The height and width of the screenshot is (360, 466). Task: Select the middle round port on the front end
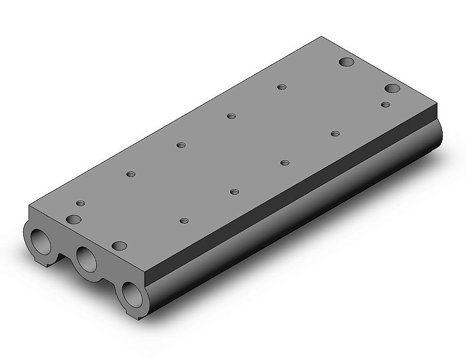tap(87, 257)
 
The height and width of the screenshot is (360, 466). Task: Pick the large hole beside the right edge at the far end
tap(392, 89)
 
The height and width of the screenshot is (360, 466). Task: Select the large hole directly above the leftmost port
tap(73, 218)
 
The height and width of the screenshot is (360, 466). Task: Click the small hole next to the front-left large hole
tap(80, 203)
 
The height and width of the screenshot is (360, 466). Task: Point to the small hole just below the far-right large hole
tap(385, 104)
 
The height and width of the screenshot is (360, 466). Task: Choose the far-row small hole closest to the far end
tap(281, 87)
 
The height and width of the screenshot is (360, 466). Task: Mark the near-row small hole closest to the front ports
tap(184, 221)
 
